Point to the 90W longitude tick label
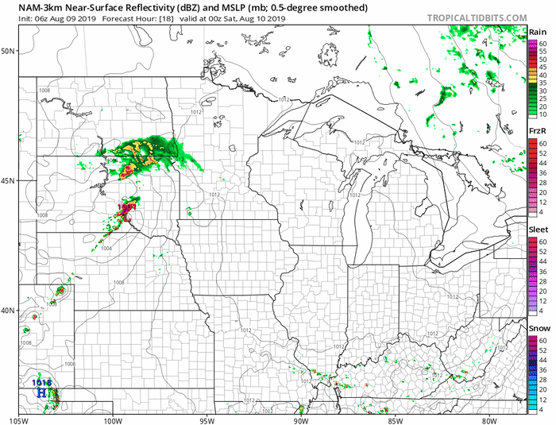point(299,419)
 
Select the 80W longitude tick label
point(488,419)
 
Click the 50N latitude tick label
point(9,51)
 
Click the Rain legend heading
point(537,31)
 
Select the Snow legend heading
point(538,327)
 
